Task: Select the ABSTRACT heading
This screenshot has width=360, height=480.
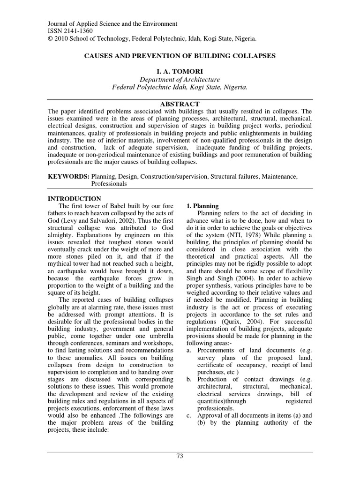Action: pyautogui.click(x=180, y=104)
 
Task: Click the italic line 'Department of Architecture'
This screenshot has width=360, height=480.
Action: pyautogui.click(x=180, y=80)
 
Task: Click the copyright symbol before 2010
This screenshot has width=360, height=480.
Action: pyautogui.click(x=51, y=39)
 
